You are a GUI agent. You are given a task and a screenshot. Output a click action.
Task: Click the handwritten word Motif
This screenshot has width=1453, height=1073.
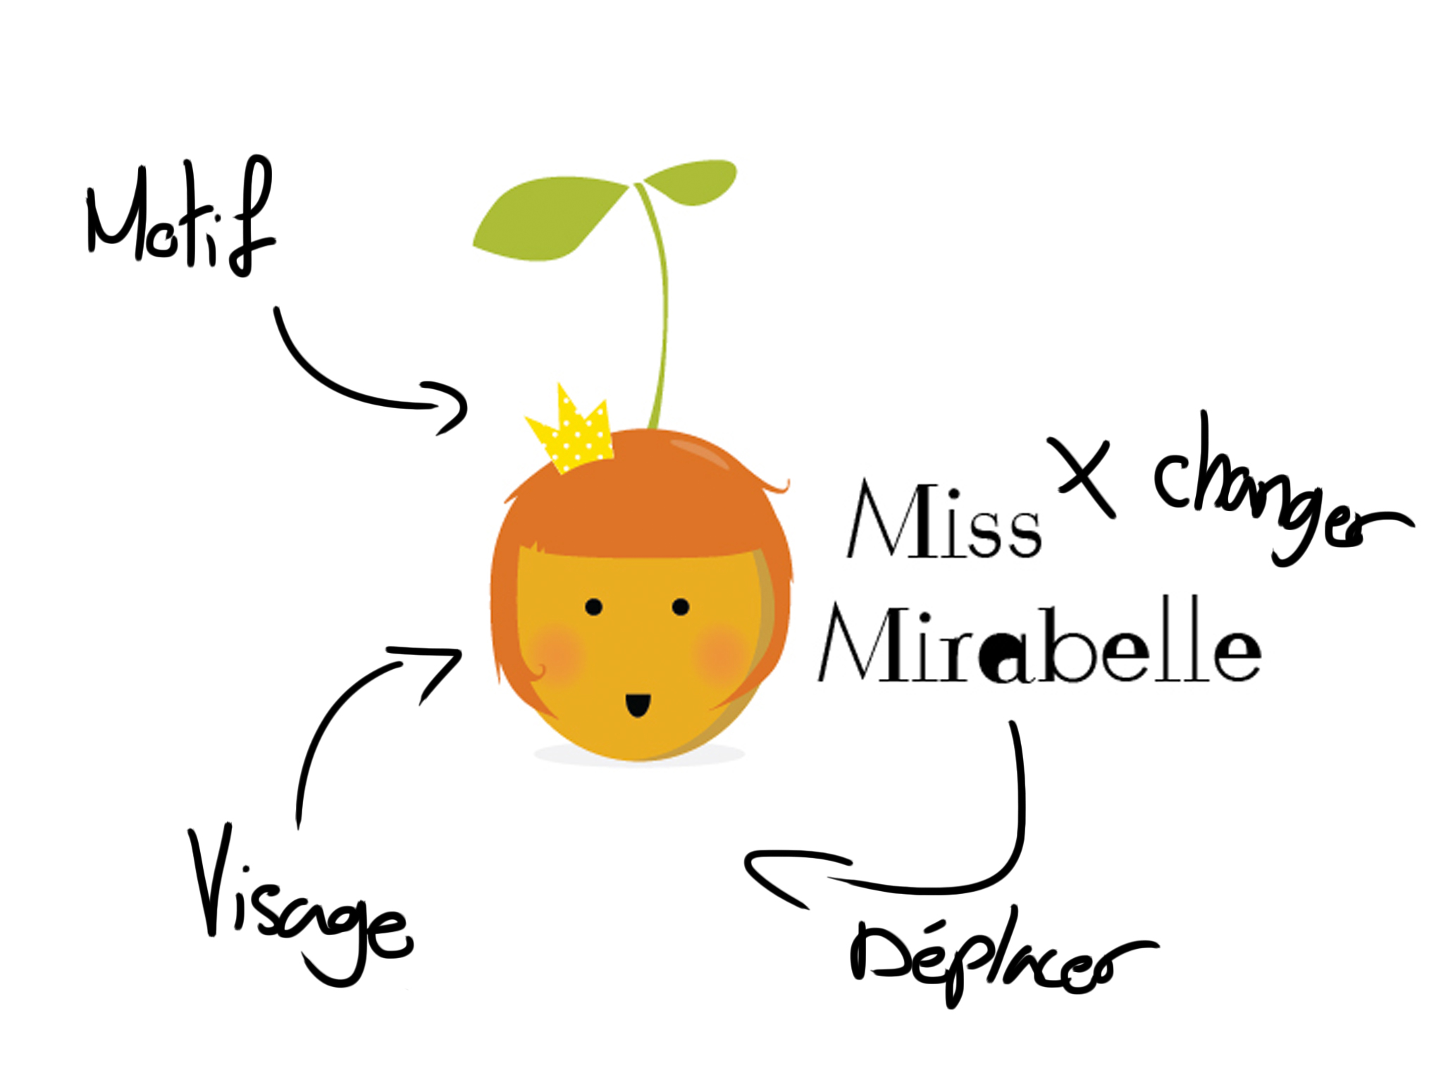(x=180, y=215)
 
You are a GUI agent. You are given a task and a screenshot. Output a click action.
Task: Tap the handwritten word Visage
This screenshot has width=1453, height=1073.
(x=299, y=906)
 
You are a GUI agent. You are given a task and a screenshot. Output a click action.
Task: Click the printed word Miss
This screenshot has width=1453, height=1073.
(x=944, y=520)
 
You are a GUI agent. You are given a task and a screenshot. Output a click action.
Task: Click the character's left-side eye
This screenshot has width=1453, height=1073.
(x=593, y=607)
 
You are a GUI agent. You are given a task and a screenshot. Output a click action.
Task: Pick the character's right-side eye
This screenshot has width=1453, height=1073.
(x=681, y=607)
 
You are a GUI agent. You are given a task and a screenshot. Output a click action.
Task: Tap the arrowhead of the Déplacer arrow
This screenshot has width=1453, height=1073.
(x=775, y=874)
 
